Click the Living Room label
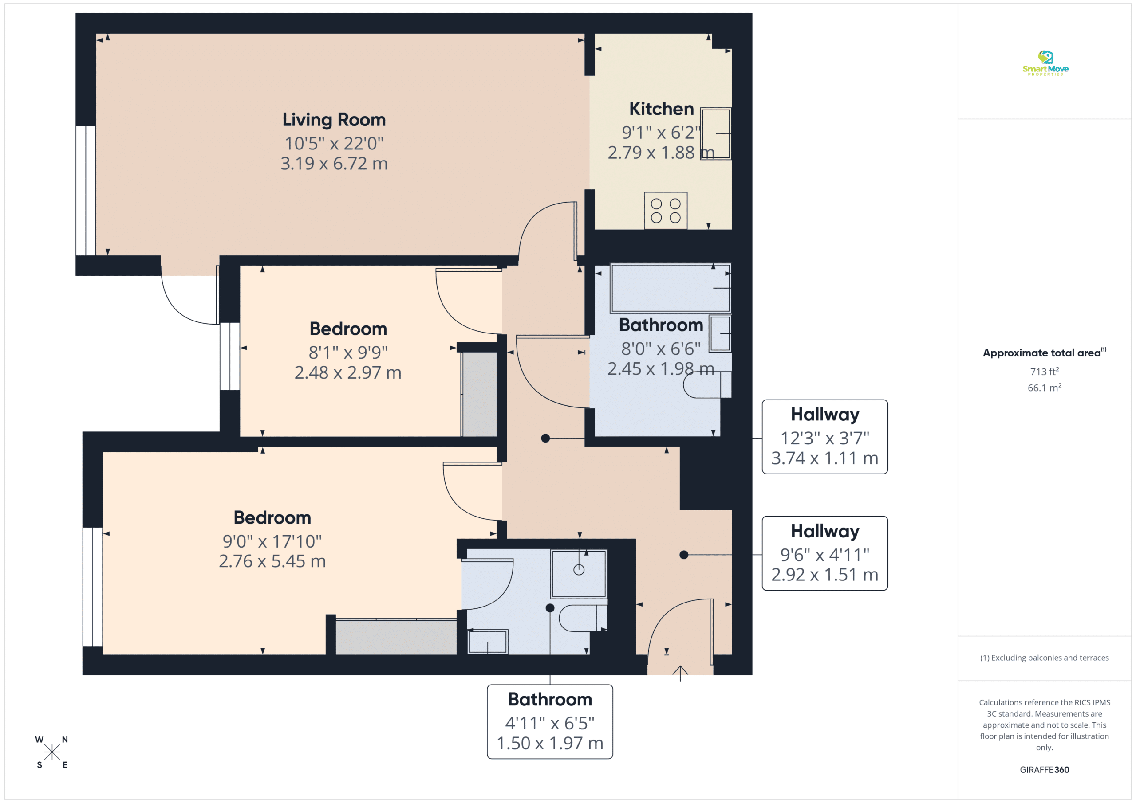334,120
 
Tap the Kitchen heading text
662,109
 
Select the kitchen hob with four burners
666,211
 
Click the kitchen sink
715,133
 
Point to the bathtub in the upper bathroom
671,288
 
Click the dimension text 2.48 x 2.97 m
348,373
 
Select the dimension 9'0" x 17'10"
272,541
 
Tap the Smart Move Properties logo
1045,63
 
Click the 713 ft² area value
1045,371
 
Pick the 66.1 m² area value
1045,388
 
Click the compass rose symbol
52,752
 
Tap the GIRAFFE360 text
1045,770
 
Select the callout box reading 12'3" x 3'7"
825,437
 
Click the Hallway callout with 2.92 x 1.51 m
825,553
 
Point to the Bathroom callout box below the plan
550,721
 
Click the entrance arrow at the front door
680,673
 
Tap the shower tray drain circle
579,570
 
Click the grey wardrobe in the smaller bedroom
479,394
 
